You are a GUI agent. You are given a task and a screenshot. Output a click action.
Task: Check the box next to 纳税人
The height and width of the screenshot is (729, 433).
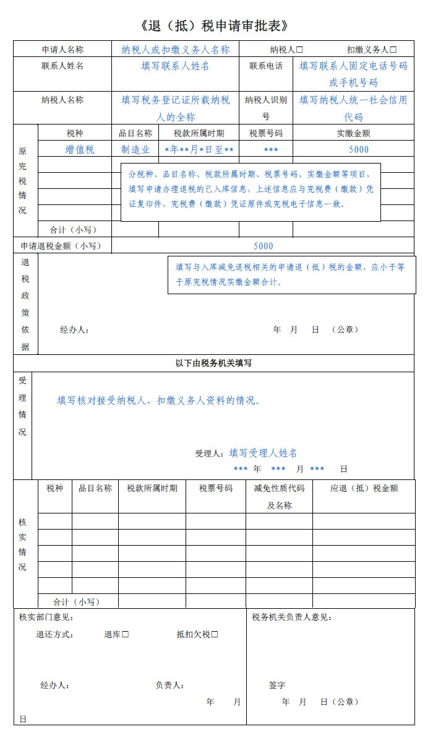300,50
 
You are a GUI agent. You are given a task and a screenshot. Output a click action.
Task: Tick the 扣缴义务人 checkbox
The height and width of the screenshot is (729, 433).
393,50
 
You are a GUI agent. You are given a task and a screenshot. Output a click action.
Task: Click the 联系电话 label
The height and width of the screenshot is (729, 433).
266,66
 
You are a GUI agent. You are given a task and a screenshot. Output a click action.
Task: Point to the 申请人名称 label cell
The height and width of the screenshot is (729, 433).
62,50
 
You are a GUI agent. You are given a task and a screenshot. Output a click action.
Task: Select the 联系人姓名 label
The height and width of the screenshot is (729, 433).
62,66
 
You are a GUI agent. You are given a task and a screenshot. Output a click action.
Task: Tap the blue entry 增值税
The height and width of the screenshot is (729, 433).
80,149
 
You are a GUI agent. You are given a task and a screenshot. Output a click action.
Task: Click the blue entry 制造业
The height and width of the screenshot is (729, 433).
135,149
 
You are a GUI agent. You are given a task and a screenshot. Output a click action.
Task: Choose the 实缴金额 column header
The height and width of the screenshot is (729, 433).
354,133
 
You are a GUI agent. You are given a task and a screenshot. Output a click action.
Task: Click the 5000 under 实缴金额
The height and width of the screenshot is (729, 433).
359,149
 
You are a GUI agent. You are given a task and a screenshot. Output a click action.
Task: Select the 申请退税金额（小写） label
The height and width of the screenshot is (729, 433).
61,246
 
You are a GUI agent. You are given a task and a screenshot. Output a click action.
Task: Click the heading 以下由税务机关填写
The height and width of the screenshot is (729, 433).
213,364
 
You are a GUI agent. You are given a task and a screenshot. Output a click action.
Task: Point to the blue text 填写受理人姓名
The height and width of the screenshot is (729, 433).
263,453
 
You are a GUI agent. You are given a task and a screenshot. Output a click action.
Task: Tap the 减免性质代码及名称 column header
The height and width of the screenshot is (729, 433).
279,496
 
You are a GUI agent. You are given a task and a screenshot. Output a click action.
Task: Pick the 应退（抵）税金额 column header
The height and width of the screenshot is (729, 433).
364,488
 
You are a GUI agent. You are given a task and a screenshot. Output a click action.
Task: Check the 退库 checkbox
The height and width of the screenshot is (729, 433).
126,634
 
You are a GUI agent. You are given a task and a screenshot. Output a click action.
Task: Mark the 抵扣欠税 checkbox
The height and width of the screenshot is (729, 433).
215,634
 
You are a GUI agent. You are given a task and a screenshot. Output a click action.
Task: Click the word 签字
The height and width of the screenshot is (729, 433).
277,685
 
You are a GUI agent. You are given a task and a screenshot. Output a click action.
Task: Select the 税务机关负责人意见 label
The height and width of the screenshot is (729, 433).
291,618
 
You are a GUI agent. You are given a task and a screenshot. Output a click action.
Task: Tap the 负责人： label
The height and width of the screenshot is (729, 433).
169,685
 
